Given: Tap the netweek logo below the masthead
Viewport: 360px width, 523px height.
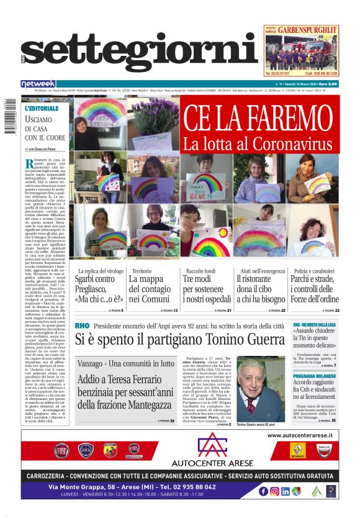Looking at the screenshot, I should (x=55, y=83).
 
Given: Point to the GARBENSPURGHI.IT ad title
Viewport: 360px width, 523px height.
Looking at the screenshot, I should (x=306, y=29).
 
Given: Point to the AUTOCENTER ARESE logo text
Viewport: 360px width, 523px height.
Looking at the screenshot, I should (x=212, y=463).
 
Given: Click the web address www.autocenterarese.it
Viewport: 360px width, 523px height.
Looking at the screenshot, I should (x=300, y=435).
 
